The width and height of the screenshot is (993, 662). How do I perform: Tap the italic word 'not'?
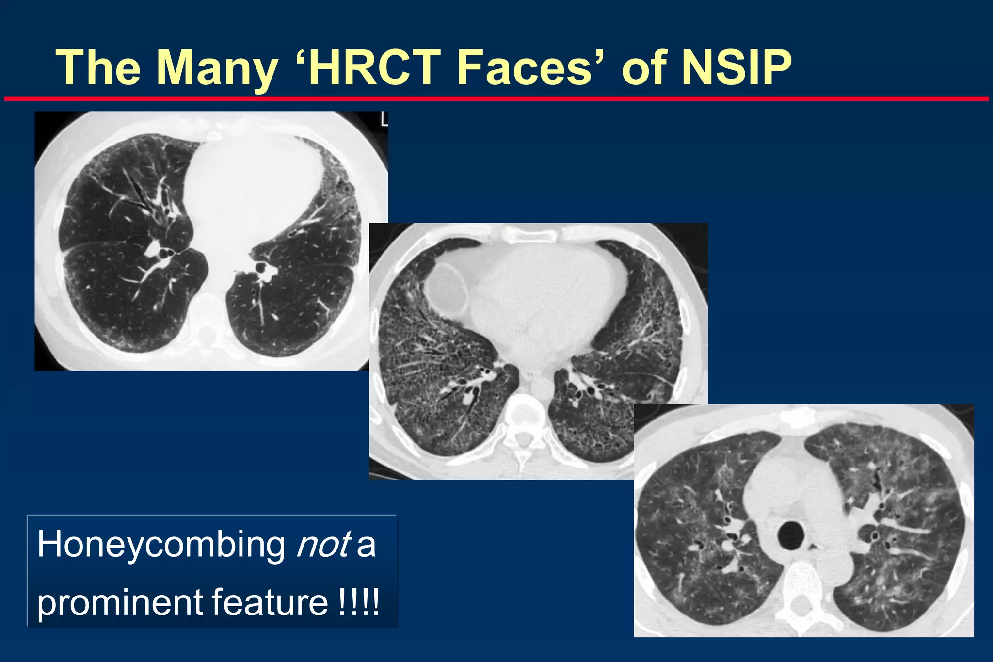click(323, 544)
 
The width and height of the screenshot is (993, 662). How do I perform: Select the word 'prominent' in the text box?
click(119, 603)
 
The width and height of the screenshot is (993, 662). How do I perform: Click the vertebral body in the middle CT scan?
click(523, 405)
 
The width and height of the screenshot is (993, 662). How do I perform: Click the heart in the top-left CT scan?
click(252, 184)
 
